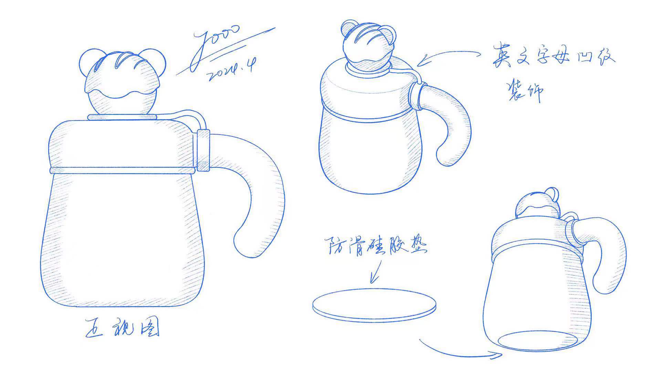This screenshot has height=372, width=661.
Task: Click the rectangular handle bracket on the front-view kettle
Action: [203, 150]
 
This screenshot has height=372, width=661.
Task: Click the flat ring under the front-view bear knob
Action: [122, 117]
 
